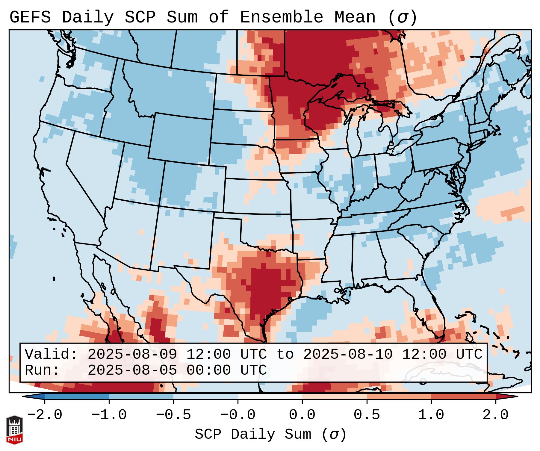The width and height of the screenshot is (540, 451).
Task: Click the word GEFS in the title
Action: point(30,17)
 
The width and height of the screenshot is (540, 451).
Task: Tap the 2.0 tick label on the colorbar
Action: point(495,415)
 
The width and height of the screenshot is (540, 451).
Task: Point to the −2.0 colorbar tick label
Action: point(45,415)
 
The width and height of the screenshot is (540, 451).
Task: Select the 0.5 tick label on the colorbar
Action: point(367,415)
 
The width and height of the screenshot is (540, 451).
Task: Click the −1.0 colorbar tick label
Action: point(109,415)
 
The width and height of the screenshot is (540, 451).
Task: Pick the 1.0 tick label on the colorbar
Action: point(431,415)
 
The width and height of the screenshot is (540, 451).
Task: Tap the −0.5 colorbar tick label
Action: point(173,415)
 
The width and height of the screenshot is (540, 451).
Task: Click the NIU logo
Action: point(14,430)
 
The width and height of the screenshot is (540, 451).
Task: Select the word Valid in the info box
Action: point(51,355)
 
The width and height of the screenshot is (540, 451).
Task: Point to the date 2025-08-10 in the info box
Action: point(348,355)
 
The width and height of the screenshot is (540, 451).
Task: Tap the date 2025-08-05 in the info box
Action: point(132,370)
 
